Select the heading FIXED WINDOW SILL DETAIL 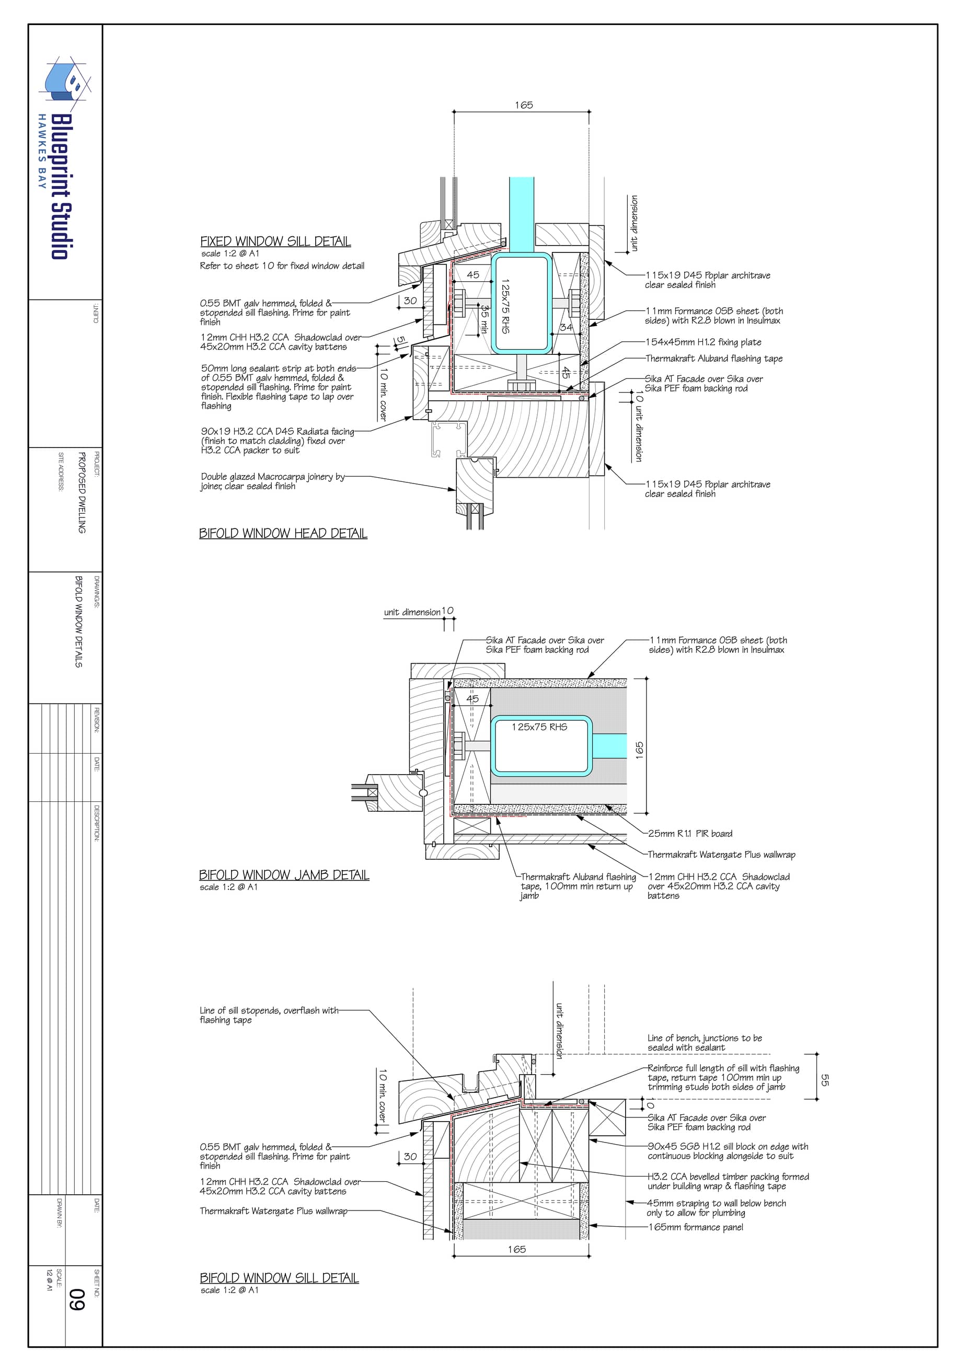275,241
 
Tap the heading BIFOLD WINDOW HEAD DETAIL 283,533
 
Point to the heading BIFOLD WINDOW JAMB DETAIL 284,875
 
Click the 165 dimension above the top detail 524,105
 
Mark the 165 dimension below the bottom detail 517,1249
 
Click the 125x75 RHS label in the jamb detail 539,727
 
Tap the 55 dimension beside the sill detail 825,1080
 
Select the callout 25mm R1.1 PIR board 690,834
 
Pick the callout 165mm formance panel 696,1227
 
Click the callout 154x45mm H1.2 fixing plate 703,342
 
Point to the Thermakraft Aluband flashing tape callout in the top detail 714,359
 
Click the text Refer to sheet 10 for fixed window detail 282,266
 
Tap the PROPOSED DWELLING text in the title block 82,493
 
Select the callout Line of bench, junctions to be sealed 705,1043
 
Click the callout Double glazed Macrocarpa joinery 272,481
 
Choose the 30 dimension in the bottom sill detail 410,1156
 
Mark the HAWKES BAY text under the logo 42,151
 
